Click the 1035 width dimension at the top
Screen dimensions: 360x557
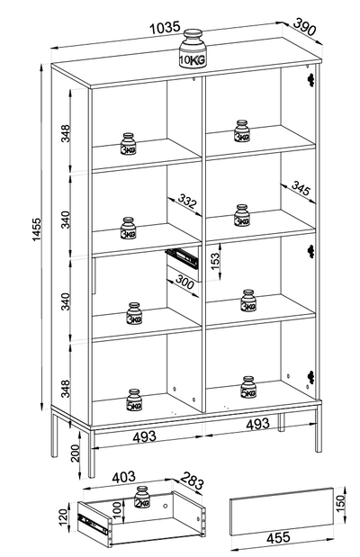pyautogui.click(x=165, y=28)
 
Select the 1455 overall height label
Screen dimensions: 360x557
pyautogui.click(x=37, y=229)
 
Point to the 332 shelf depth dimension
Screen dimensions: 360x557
pyautogui.click(x=186, y=201)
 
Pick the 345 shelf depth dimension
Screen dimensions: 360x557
pyautogui.click(x=301, y=188)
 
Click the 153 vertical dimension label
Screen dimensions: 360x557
pyautogui.click(x=215, y=261)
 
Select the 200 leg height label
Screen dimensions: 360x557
pyautogui.click(x=75, y=453)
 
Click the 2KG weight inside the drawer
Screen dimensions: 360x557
pyautogui.click(x=142, y=497)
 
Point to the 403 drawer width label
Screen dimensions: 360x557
pyautogui.click(x=123, y=477)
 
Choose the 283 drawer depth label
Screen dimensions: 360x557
pyautogui.click(x=192, y=481)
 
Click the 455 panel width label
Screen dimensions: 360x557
pyautogui.click(x=278, y=537)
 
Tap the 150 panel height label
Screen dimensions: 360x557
pyautogui.click(x=340, y=501)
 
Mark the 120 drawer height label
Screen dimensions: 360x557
pyautogui.click(x=62, y=517)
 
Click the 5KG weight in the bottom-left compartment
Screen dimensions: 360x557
pyautogui.click(x=134, y=400)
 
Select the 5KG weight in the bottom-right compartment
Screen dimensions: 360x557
pyautogui.click(x=248, y=387)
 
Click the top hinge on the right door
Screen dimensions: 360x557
pyautogui.click(x=311, y=79)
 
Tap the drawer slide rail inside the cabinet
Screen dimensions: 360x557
pyautogui.click(x=181, y=256)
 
